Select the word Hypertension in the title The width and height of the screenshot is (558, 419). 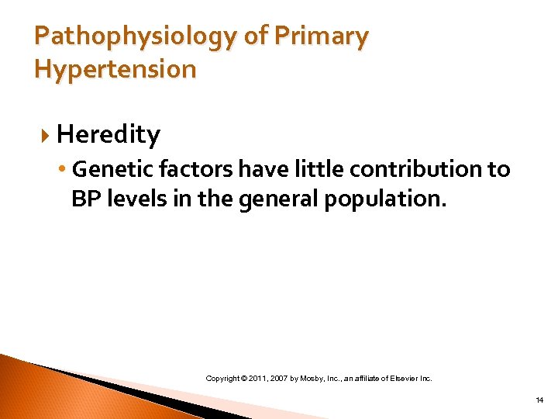point(115,69)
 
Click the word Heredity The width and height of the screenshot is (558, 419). point(108,135)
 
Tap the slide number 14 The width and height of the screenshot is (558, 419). point(539,400)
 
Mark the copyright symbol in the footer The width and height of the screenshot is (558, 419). point(243,379)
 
